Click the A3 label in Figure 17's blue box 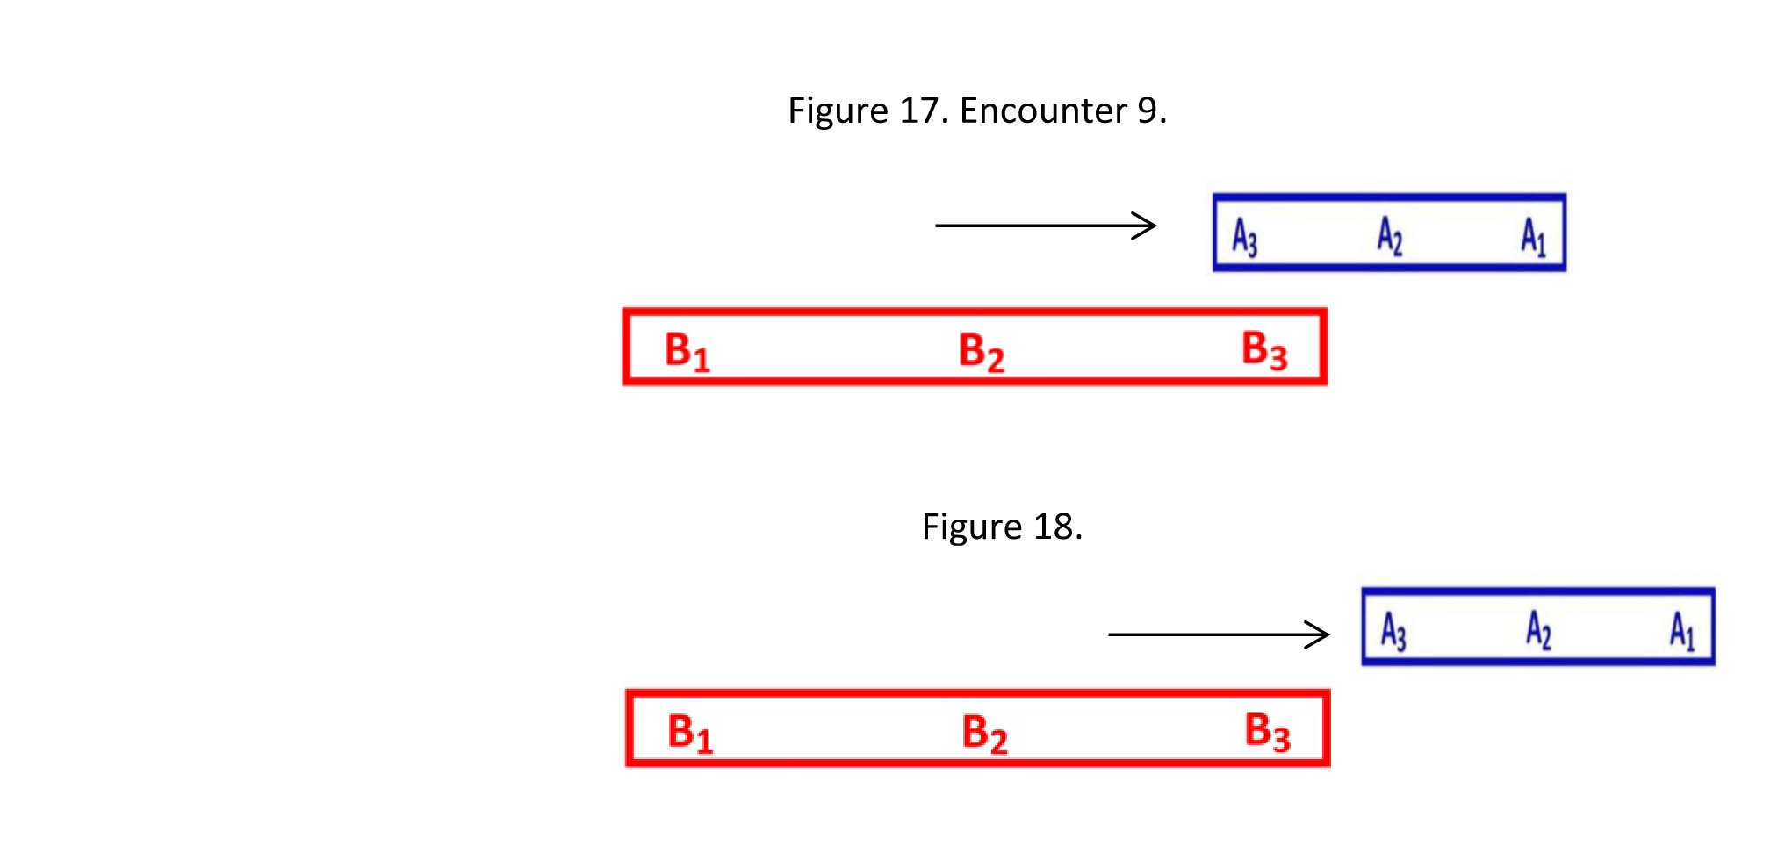1244,236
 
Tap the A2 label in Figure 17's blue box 1389,235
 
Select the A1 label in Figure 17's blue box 1533,236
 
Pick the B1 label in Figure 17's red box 687,351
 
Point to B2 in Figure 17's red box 981,351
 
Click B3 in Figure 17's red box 1264,349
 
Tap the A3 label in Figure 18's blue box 1393,631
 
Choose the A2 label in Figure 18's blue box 1537,629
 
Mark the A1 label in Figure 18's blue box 1681,630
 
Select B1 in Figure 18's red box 690,732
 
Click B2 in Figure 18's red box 984,732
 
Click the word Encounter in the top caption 1043,111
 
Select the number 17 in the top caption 919,111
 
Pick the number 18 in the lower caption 1054,527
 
